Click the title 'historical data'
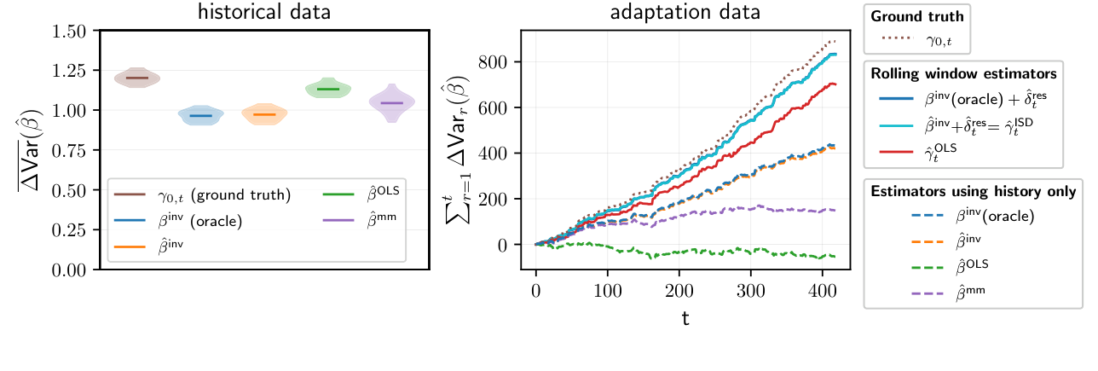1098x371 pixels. (x=264, y=13)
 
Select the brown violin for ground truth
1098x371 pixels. (x=137, y=78)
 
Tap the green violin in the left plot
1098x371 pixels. (x=328, y=89)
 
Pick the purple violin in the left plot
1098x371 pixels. (x=391, y=102)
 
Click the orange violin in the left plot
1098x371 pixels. (x=264, y=114)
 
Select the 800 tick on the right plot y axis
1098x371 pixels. (x=498, y=62)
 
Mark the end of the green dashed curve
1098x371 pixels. (x=834, y=257)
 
